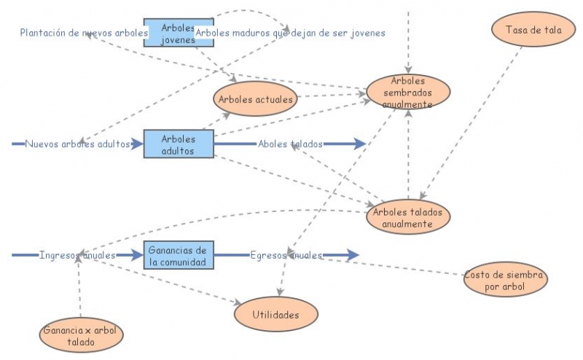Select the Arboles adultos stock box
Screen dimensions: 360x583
(x=178, y=144)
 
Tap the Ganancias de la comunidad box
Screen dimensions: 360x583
(x=178, y=256)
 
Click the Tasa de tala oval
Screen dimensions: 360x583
(x=523, y=30)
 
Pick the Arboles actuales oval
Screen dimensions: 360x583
(x=256, y=99)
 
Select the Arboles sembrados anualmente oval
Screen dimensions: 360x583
(x=408, y=92)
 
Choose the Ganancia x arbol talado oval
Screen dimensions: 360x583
(x=81, y=335)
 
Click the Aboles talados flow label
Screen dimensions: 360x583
(x=290, y=144)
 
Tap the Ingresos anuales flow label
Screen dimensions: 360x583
(x=77, y=256)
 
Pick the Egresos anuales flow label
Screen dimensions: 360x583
(x=286, y=256)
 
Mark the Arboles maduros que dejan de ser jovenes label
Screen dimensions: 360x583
(x=290, y=33)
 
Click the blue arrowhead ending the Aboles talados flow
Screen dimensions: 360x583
(x=359, y=144)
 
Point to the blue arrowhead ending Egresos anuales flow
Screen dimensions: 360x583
(x=353, y=255)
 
